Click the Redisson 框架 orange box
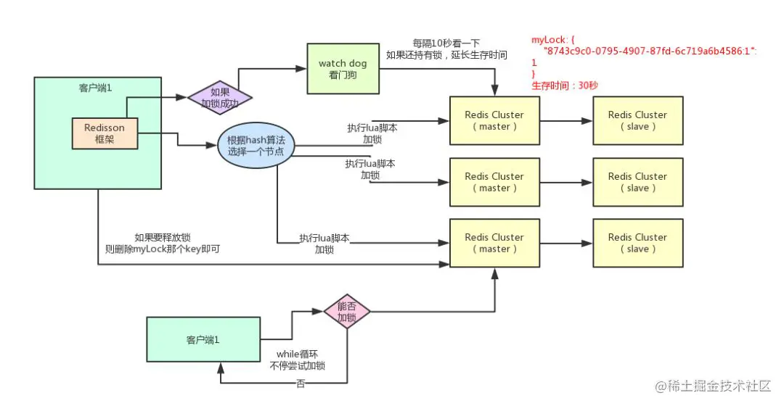[x=104, y=133]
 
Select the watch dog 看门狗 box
[x=343, y=69]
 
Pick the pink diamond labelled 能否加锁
[x=346, y=312]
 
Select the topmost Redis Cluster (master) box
[x=494, y=120]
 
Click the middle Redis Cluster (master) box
[x=494, y=182]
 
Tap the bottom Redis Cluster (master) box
[x=494, y=243]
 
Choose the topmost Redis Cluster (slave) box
[x=637, y=120]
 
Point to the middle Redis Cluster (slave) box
[x=637, y=182]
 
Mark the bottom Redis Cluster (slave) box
[x=637, y=243]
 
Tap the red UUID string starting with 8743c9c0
[x=650, y=51]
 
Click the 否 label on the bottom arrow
[x=301, y=384]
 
